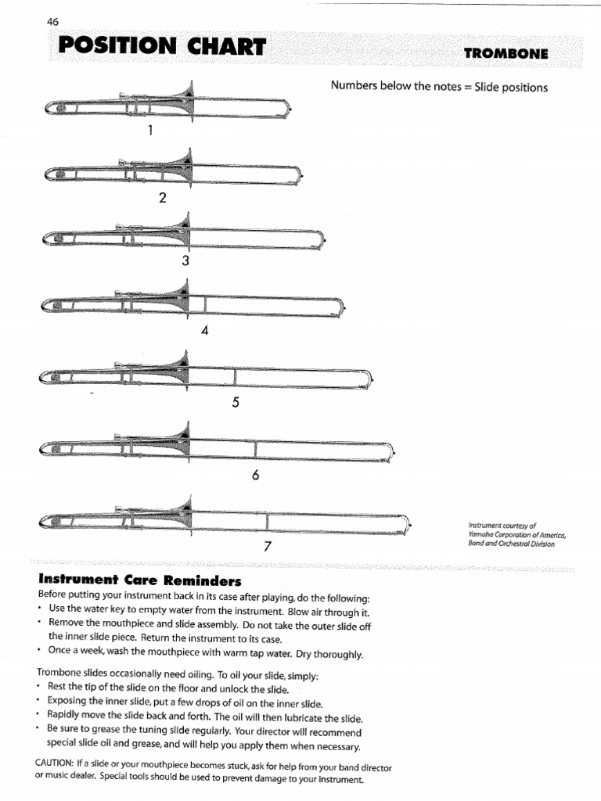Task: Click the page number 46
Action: click(x=53, y=22)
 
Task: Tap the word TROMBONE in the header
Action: click(x=506, y=54)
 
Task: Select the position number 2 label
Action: click(x=163, y=198)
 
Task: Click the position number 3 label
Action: click(x=185, y=262)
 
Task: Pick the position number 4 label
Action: click(x=205, y=331)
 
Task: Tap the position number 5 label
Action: click(x=235, y=403)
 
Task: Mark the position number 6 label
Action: click(x=255, y=475)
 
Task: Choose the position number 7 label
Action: click(x=267, y=546)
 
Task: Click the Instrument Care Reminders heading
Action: click(x=140, y=580)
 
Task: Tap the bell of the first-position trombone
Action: click(x=186, y=99)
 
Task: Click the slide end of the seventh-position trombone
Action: click(x=407, y=522)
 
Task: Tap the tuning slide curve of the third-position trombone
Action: click(x=45, y=237)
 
